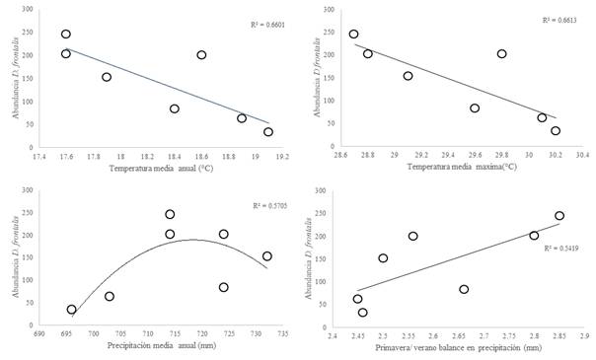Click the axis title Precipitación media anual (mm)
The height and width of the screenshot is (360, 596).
point(158,347)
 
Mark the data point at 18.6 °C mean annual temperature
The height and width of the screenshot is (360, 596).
point(201,55)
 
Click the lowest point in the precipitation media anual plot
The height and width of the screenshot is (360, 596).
point(71,310)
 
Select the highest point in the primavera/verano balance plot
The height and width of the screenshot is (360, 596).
point(559,215)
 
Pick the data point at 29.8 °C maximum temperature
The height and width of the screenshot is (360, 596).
point(501,54)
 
